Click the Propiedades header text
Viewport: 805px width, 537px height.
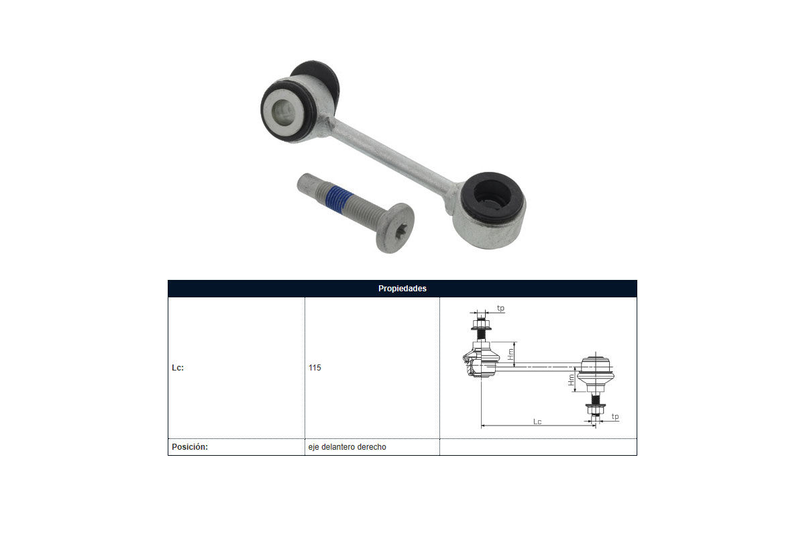(402, 289)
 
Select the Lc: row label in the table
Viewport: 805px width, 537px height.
(178, 368)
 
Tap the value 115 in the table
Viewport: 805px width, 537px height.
(315, 368)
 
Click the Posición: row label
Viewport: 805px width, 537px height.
(190, 447)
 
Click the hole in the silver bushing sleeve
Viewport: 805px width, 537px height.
(283, 112)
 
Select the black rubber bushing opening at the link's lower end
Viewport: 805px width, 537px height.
(492, 197)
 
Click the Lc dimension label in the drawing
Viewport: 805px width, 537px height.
(537, 422)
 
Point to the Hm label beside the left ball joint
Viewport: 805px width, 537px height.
(511, 354)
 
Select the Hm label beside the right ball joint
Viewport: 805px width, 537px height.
(572, 379)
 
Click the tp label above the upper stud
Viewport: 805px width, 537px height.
(500, 308)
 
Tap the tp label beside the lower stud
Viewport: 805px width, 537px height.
(615, 416)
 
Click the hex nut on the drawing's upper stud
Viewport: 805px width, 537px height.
(481, 325)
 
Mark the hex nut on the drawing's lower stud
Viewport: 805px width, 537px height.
(596, 409)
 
